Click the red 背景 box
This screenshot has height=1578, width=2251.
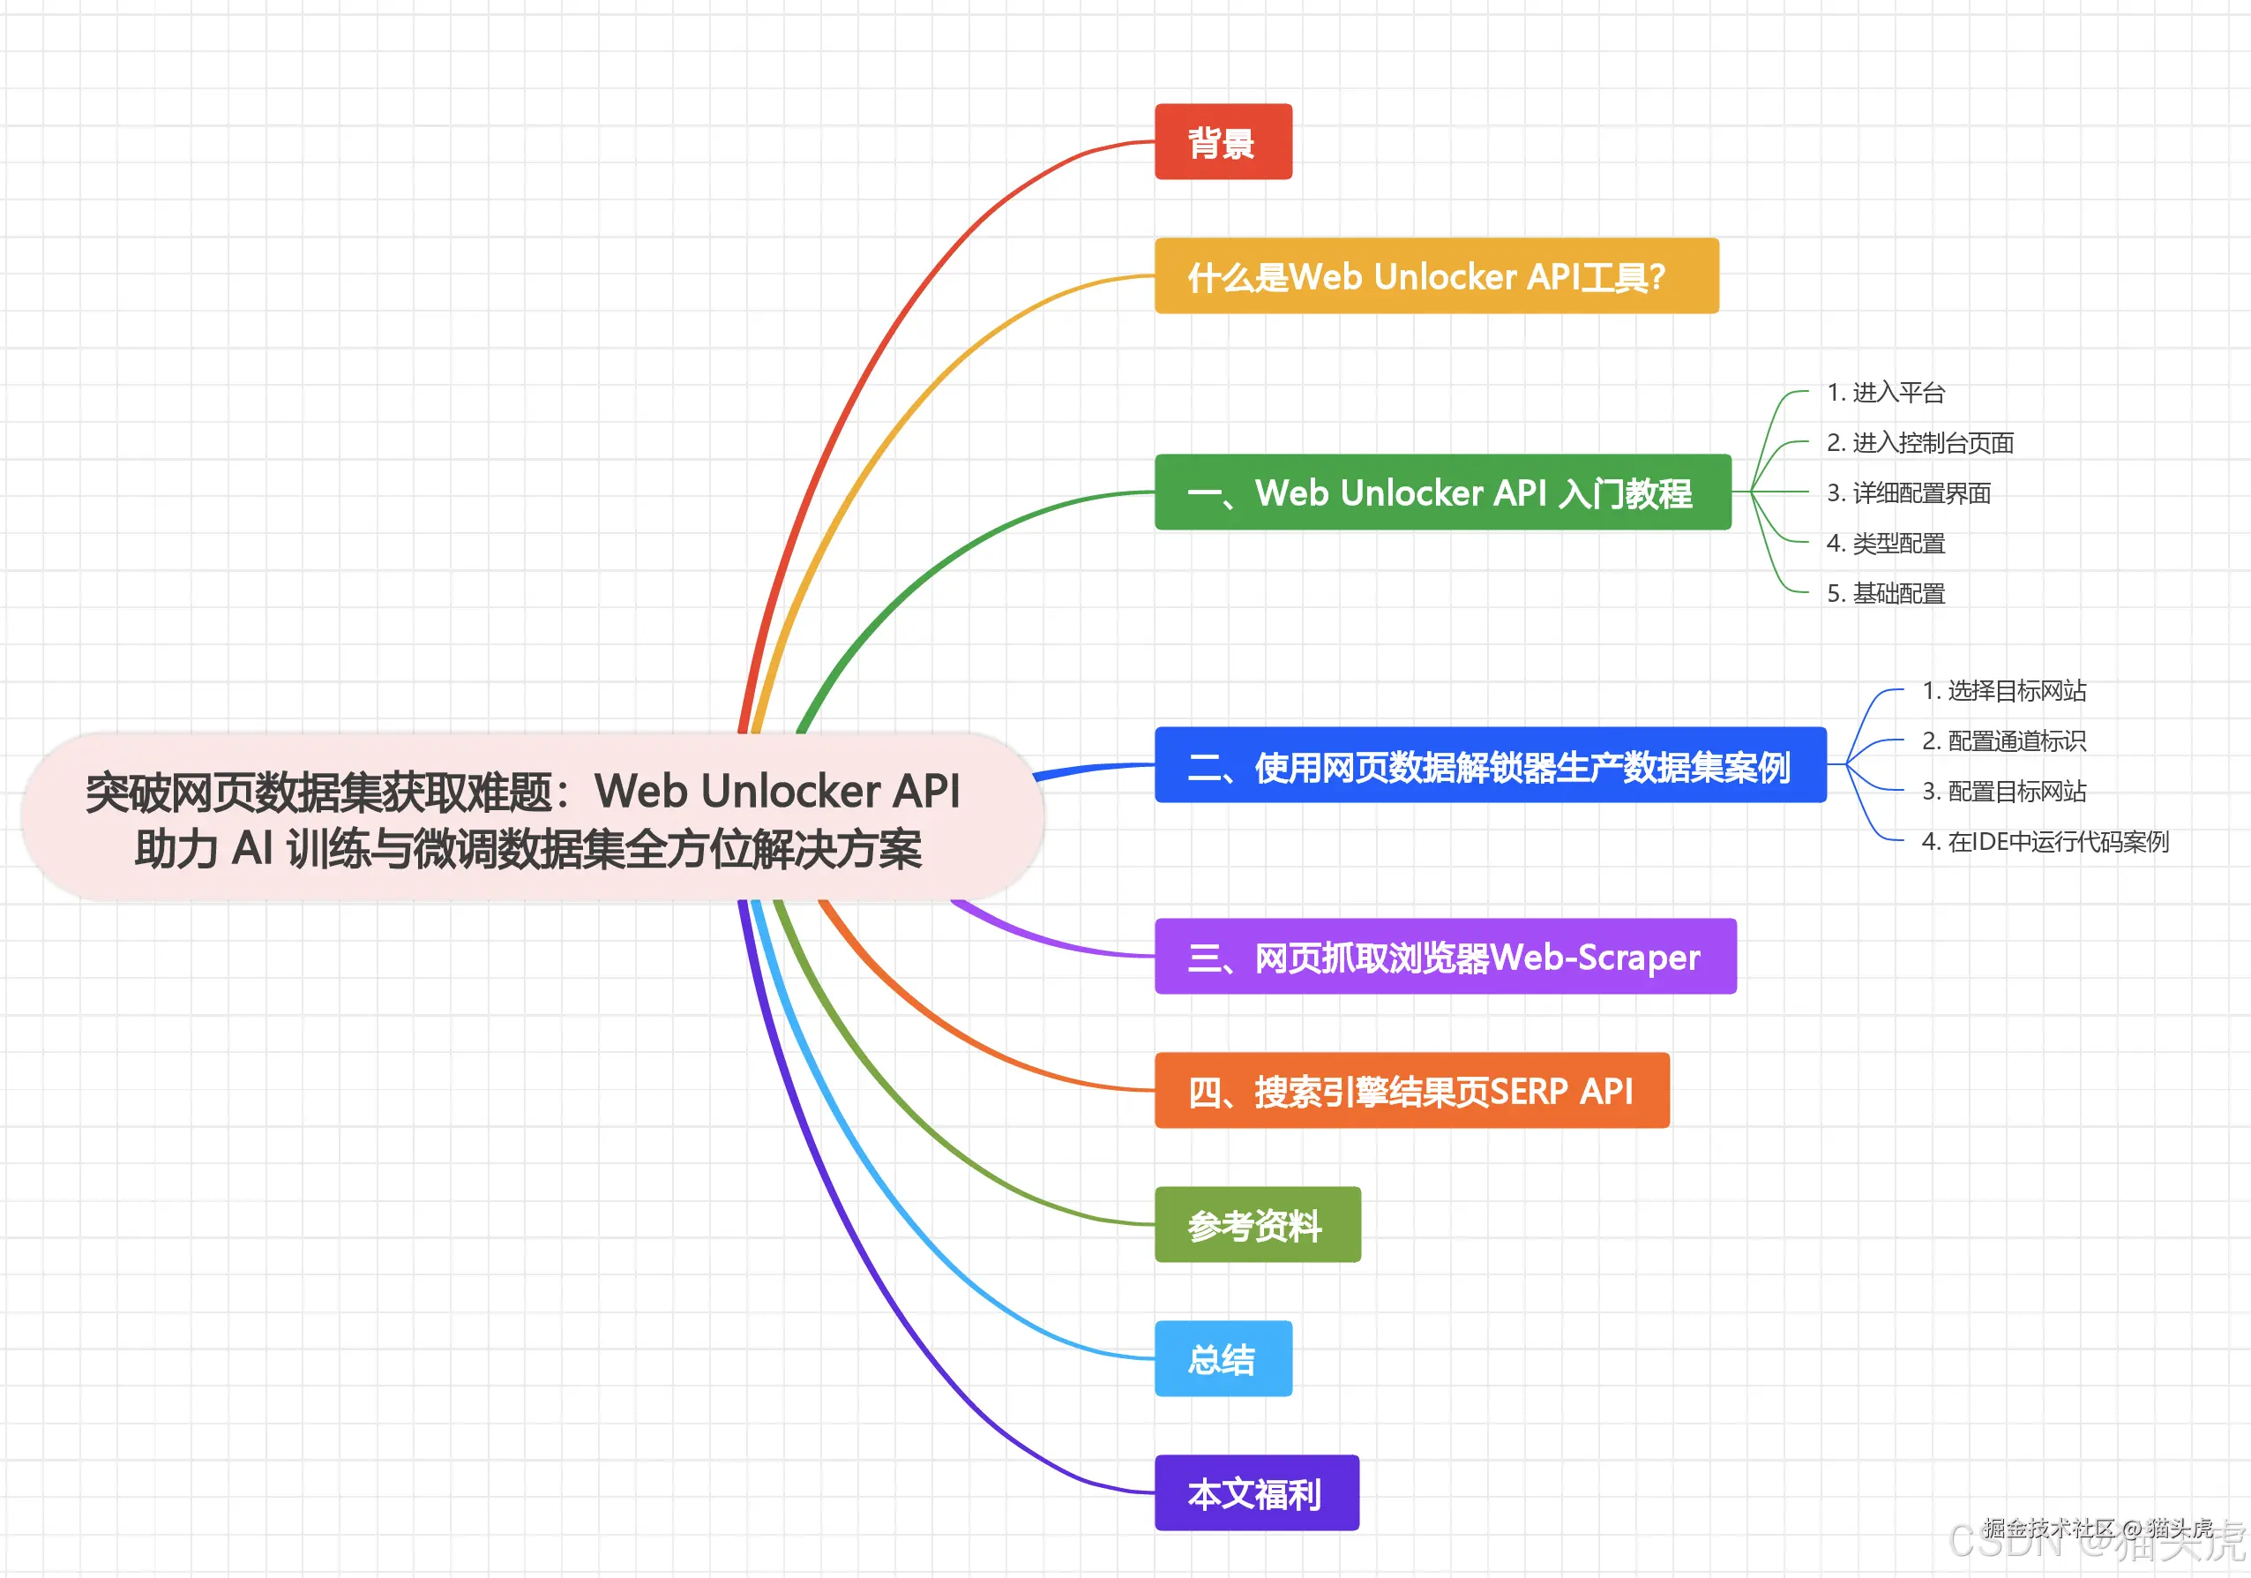point(1223,142)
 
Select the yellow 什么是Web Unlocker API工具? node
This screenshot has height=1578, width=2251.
point(1436,276)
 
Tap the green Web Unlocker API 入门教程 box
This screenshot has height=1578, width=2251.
point(1442,492)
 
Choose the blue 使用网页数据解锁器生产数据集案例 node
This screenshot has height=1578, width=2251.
point(1489,765)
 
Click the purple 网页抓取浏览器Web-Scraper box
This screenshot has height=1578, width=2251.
point(1445,956)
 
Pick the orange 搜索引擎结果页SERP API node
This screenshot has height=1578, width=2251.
point(1412,1091)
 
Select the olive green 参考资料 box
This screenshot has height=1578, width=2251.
point(1257,1225)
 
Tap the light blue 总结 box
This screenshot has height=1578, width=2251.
point(1223,1359)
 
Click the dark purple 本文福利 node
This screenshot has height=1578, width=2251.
point(1256,1493)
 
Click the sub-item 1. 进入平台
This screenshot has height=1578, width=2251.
point(1885,392)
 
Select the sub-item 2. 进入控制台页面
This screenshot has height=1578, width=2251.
point(1919,442)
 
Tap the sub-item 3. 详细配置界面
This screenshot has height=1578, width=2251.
point(1908,492)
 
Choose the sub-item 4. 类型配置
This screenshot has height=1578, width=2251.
point(1885,543)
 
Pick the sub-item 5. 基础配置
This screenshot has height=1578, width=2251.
point(1885,593)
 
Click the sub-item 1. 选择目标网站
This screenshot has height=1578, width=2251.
point(2003,690)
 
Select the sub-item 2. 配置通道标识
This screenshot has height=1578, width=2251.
point(2003,740)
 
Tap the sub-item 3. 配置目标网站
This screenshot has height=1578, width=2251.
point(2003,791)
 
